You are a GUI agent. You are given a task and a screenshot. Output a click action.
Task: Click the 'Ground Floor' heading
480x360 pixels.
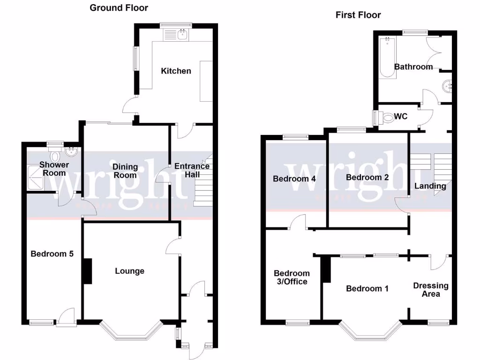pyautogui.click(x=119, y=7)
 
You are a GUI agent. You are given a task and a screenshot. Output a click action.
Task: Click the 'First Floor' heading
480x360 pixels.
pyautogui.click(x=358, y=15)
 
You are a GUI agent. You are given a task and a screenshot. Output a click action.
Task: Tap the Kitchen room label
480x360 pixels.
pyautogui.click(x=176, y=71)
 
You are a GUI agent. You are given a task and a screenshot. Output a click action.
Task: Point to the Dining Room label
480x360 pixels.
pyautogui.click(x=125, y=171)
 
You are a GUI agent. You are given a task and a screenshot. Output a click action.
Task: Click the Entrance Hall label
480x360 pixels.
pyautogui.click(x=192, y=170)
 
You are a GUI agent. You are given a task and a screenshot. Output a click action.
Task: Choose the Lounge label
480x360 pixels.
pyautogui.click(x=130, y=271)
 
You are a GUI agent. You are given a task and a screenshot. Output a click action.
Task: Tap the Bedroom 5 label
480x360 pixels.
pyautogui.click(x=52, y=254)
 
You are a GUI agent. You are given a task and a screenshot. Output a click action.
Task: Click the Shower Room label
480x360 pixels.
pyautogui.click(x=54, y=169)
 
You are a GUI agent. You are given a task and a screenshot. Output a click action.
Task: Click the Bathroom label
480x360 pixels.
pyautogui.click(x=413, y=67)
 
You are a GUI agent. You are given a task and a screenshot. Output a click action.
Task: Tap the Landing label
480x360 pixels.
pyautogui.click(x=430, y=186)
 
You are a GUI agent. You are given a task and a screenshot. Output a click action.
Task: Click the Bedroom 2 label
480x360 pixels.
pyautogui.click(x=367, y=177)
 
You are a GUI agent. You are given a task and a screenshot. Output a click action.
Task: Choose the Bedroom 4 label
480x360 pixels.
pyautogui.click(x=294, y=179)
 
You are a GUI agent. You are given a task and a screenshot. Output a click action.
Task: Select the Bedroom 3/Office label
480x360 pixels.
pyautogui.click(x=292, y=277)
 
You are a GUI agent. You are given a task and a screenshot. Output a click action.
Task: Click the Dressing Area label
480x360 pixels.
pyautogui.click(x=430, y=290)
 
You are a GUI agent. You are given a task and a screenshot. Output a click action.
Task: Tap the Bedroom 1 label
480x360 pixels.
pyautogui.click(x=367, y=288)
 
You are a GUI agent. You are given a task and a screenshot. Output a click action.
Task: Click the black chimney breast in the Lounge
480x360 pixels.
pyautogui.click(x=87, y=271)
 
